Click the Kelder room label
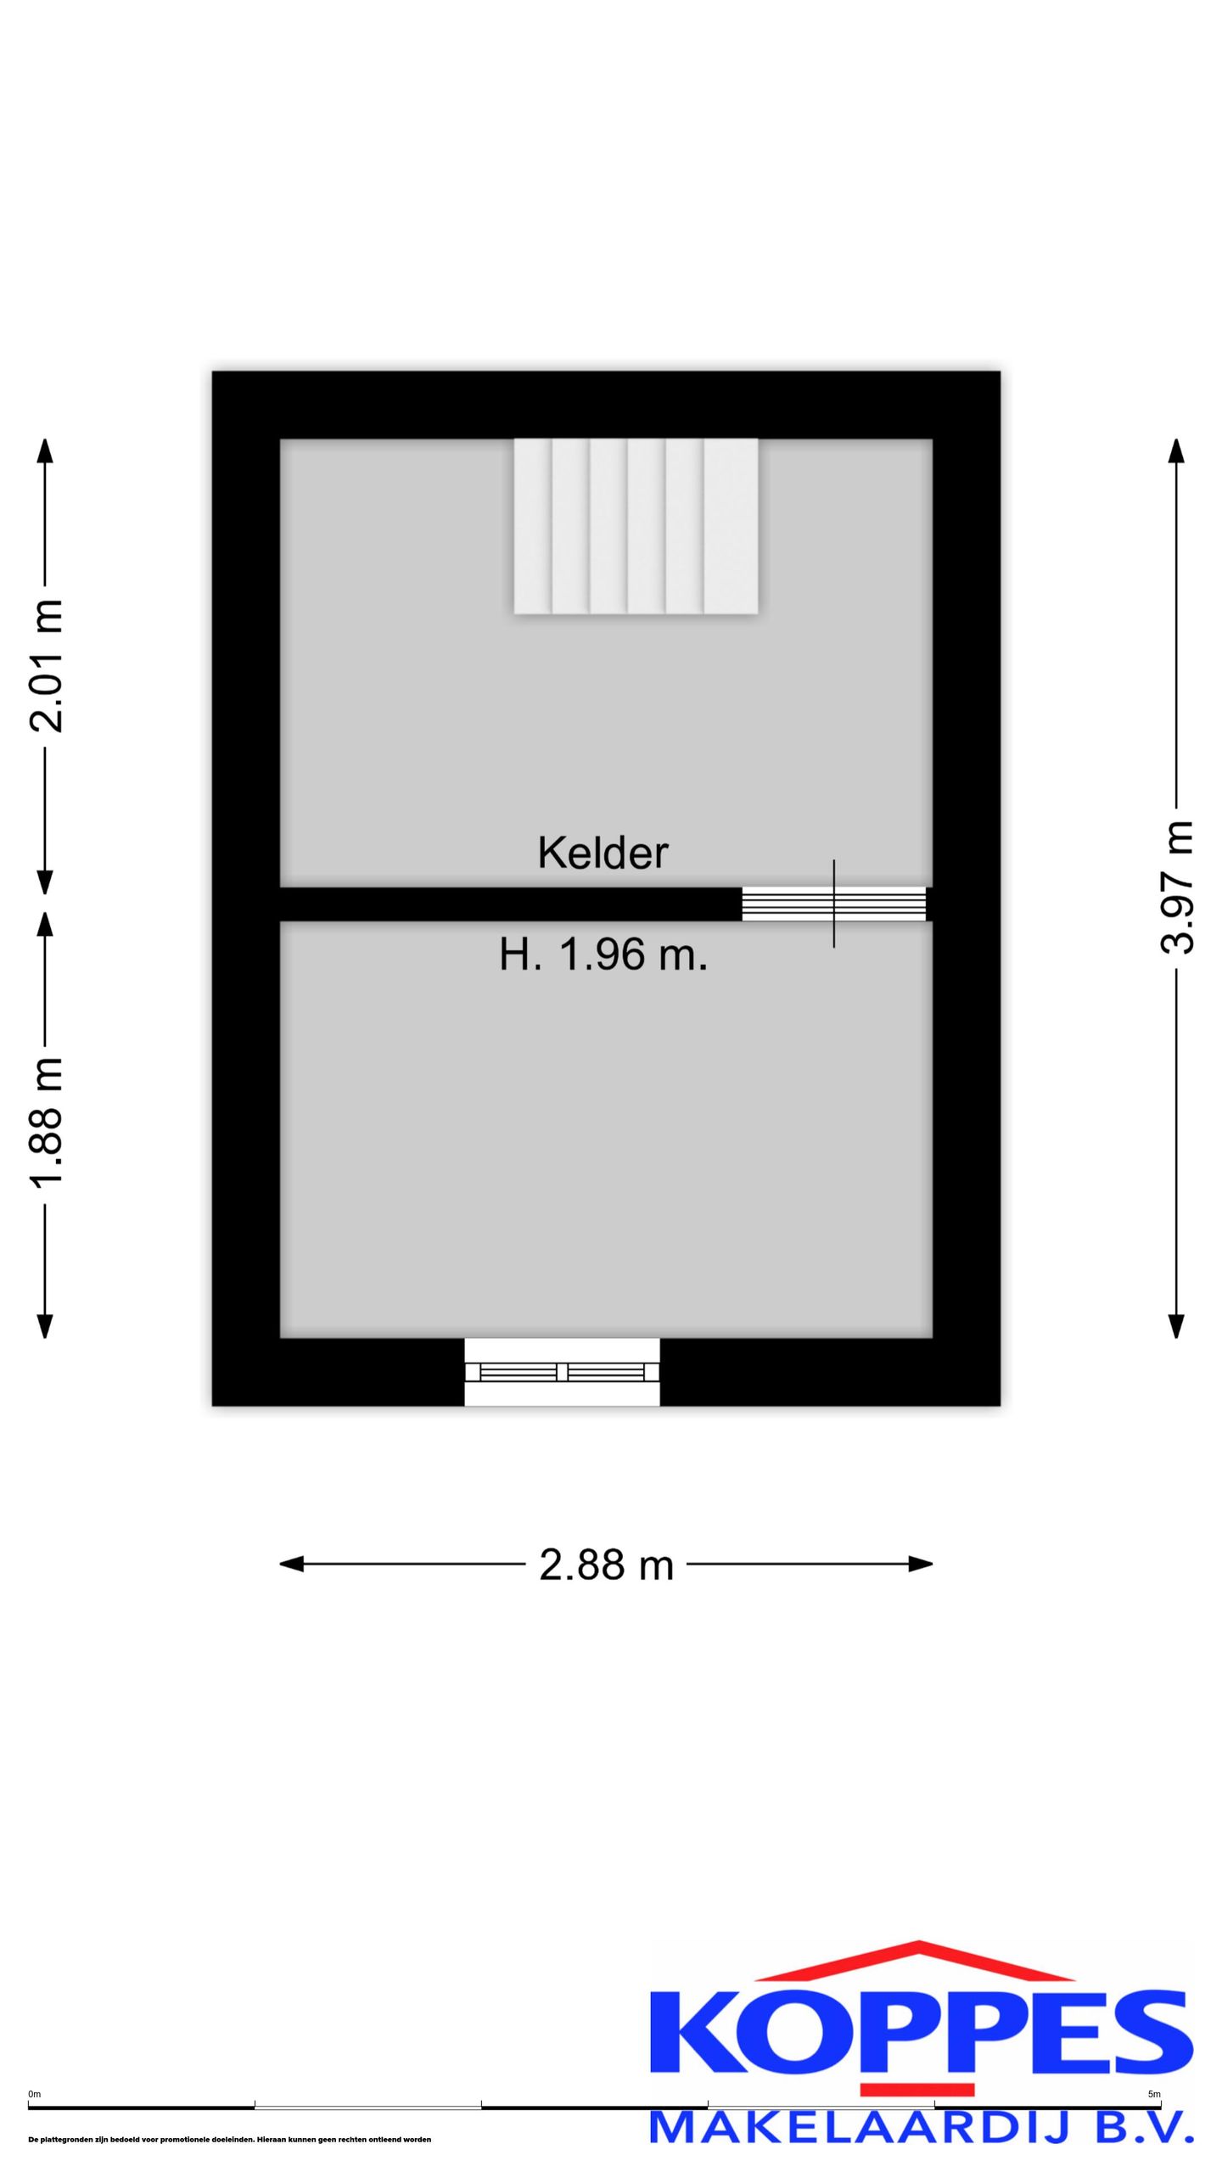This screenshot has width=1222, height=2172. pyautogui.click(x=603, y=853)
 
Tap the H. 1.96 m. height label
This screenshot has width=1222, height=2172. pyautogui.click(x=603, y=956)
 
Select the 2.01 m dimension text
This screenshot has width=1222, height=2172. pyautogui.click(x=46, y=666)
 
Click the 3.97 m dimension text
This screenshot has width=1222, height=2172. pyautogui.click(x=1177, y=887)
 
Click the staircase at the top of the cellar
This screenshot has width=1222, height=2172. pyautogui.click(x=636, y=526)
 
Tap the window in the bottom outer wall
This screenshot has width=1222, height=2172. pyautogui.click(x=562, y=1372)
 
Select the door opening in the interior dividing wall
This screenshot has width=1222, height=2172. pyautogui.click(x=834, y=904)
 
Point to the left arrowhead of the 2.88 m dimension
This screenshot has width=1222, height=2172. pyautogui.click(x=291, y=1564)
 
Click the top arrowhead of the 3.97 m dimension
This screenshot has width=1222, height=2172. pyautogui.click(x=1176, y=451)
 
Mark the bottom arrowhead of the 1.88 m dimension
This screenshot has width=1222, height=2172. pyautogui.click(x=45, y=1326)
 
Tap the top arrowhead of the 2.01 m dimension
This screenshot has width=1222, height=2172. pyautogui.click(x=45, y=451)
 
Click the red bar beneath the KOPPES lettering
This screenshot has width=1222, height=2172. pyautogui.click(x=917, y=2089)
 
